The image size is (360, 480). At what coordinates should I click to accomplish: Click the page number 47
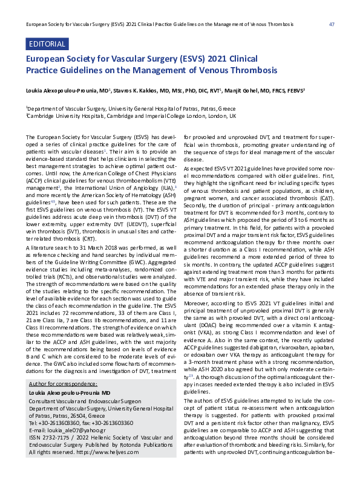pyautogui.click(x=332, y=24)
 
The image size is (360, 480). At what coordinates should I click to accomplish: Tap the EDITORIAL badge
pyautogui.click(x=46, y=45)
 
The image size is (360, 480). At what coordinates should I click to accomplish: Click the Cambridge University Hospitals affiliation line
pyautogui.click(x=131, y=116)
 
